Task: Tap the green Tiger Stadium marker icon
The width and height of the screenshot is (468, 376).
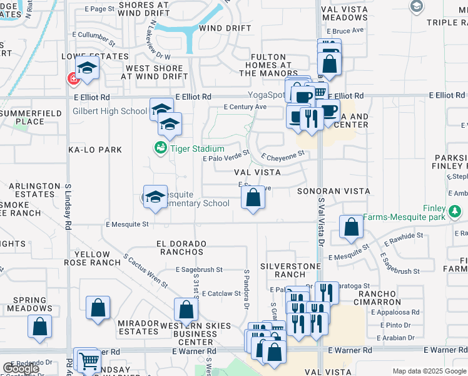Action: [x=160, y=149]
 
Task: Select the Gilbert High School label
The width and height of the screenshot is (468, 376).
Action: [x=109, y=112]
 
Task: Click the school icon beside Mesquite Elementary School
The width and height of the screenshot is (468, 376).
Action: [x=155, y=198]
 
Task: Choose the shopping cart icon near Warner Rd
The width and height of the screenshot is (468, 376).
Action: [x=89, y=361]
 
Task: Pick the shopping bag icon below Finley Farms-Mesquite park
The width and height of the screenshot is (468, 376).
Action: [x=352, y=227]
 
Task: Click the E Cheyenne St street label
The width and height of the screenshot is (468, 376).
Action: [x=283, y=155]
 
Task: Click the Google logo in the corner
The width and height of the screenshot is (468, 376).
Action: [x=21, y=368]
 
